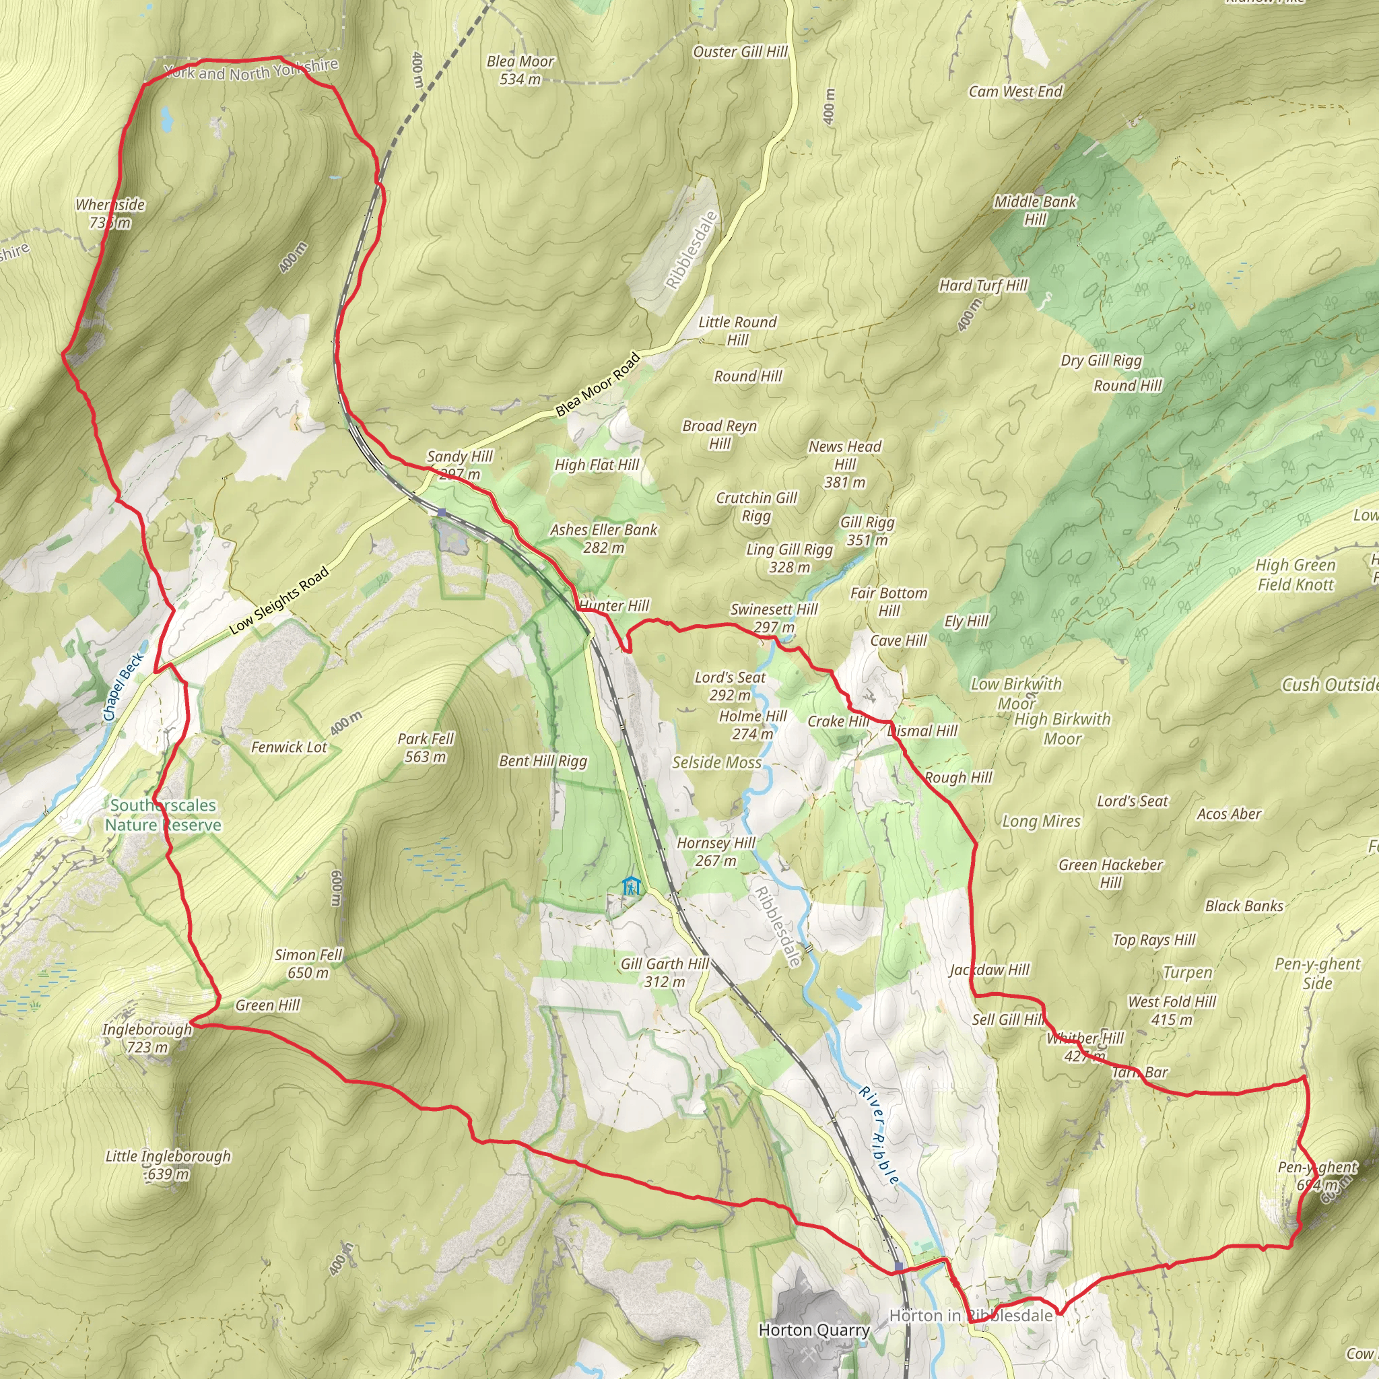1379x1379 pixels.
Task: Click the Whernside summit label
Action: click(x=110, y=213)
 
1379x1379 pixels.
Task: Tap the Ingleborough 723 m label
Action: click(x=147, y=1038)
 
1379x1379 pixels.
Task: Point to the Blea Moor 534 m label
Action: click(x=520, y=70)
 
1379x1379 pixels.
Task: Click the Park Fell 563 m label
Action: click(x=426, y=747)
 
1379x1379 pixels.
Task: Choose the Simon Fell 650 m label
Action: click(x=308, y=964)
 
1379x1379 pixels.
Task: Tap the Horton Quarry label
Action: click(x=813, y=1330)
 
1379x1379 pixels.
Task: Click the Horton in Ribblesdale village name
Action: click(x=971, y=1316)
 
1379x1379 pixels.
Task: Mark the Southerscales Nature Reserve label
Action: click(x=163, y=815)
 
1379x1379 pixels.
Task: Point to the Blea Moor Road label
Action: click(x=597, y=385)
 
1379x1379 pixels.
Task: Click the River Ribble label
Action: click(x=879, y=1135)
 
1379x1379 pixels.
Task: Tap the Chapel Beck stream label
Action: click(x=123, y=687)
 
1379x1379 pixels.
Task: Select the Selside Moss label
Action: click(x=716, y=762)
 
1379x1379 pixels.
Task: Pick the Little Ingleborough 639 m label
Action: click(x=168, y=1165)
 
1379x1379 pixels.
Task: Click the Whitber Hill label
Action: click(x=1085, y=1046)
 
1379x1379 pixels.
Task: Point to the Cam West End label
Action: click(x=1015, y=92)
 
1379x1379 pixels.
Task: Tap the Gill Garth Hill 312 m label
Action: click(x=665, y=972)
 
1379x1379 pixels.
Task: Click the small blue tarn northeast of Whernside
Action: click(x=167, y=119)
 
